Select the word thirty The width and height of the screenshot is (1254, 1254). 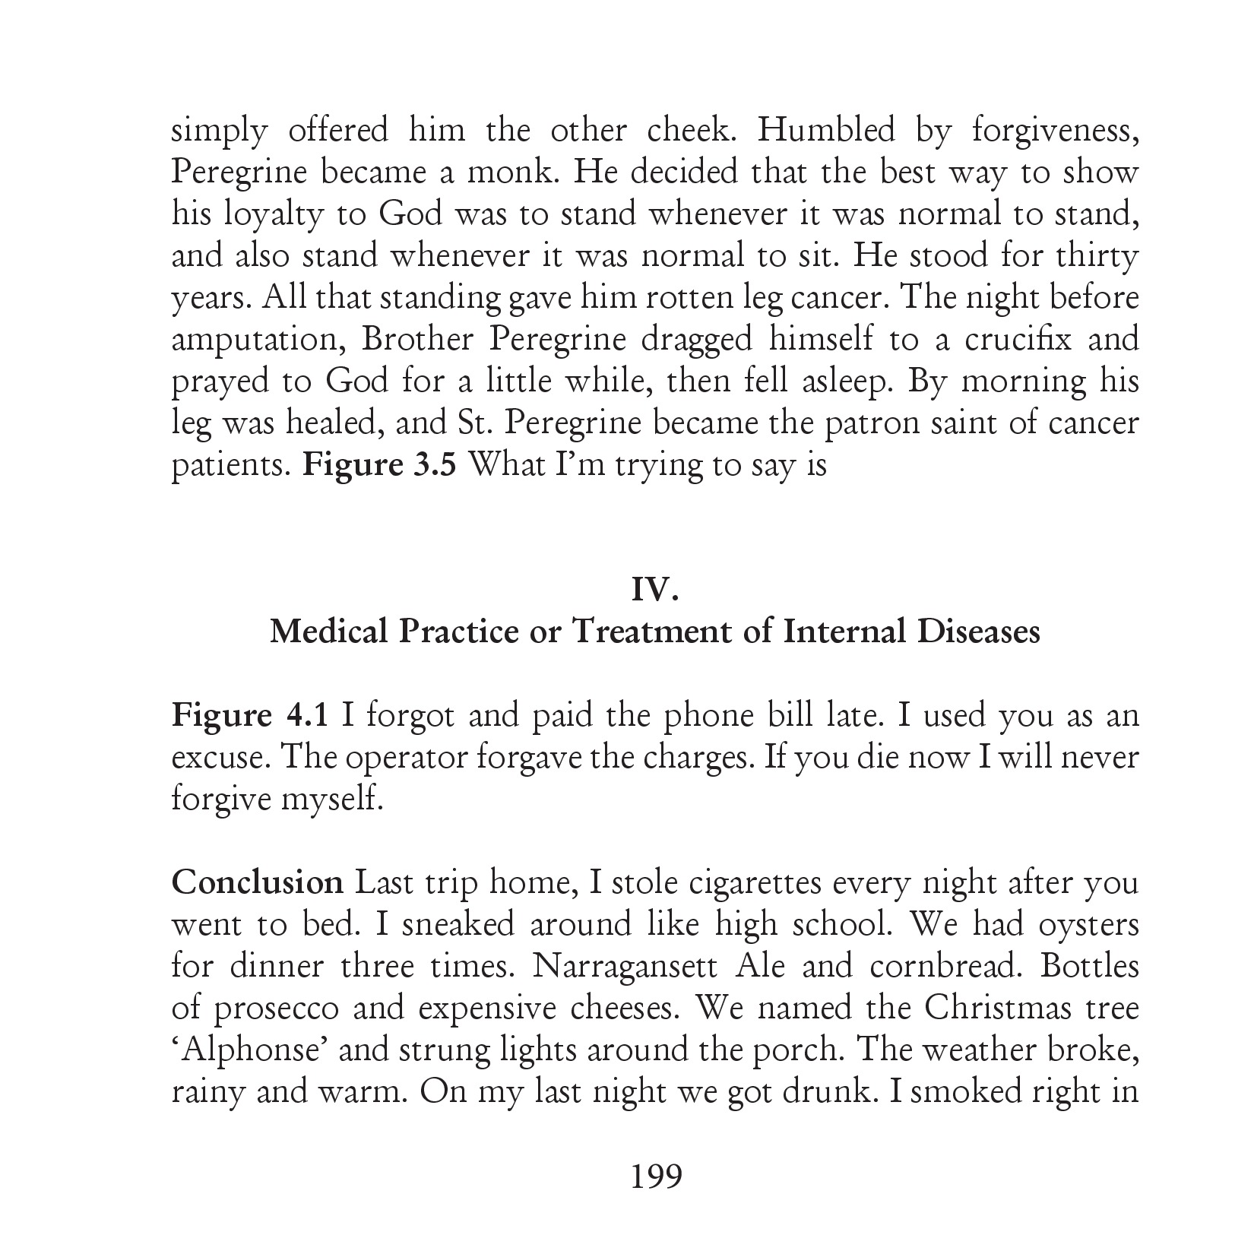pyautogui.click(x=1097, y=257)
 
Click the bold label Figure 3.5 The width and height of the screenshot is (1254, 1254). pyautogui.click(x=380, y=464)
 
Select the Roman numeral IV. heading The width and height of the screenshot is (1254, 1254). pyautogui.click(x=654, y=591)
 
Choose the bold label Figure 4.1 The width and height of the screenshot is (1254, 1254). pyautogui.click(x=250, y=716)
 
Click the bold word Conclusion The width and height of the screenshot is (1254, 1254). pyautogui.click(x=258, y=883)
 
